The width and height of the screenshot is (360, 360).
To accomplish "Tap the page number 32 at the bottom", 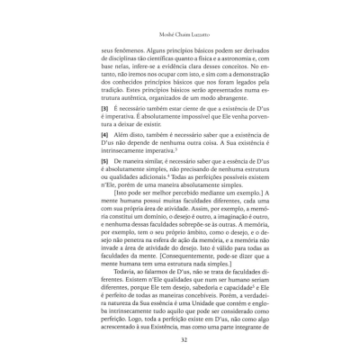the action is point(180,340).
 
